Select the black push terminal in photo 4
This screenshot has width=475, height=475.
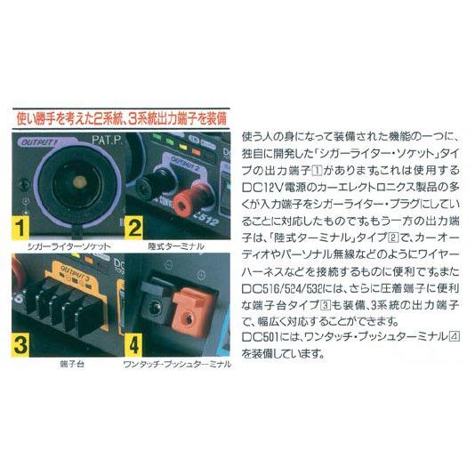coord(152,302)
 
